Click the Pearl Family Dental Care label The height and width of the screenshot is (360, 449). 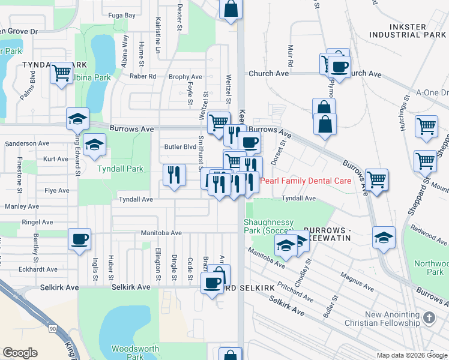[x=303, y=181]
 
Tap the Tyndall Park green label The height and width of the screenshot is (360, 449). [x=121, y=169]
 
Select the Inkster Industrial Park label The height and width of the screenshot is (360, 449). [x=409, y=31]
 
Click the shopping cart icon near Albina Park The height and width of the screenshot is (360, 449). [x=61, y=73]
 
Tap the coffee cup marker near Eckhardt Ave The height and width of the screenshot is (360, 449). [x=79, y=239]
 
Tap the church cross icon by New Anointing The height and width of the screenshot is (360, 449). [x=429, y=318]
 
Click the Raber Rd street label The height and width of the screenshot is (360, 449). [x=143, y=77]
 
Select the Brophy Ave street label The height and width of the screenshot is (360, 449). [x=185, y=77]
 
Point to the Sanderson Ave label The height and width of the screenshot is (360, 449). [x=26, y=144]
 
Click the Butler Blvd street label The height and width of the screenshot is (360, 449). [x=180, y=146]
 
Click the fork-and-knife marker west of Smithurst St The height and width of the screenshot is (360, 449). [x=173, y=175]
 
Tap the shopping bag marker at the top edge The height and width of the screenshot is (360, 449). [x=231, y=10]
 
